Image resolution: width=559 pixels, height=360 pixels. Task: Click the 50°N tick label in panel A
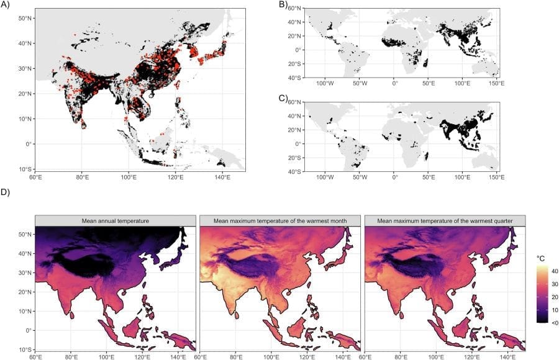(x=25, y=18)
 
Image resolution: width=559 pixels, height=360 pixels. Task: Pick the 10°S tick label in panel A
(x=25, y=169)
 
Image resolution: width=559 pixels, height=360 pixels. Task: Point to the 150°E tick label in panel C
(x=496, y=178)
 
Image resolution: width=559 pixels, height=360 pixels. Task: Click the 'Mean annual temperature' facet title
(x=116, y=221)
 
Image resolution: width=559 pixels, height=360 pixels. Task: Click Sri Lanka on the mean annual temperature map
(x=72, y=315)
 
